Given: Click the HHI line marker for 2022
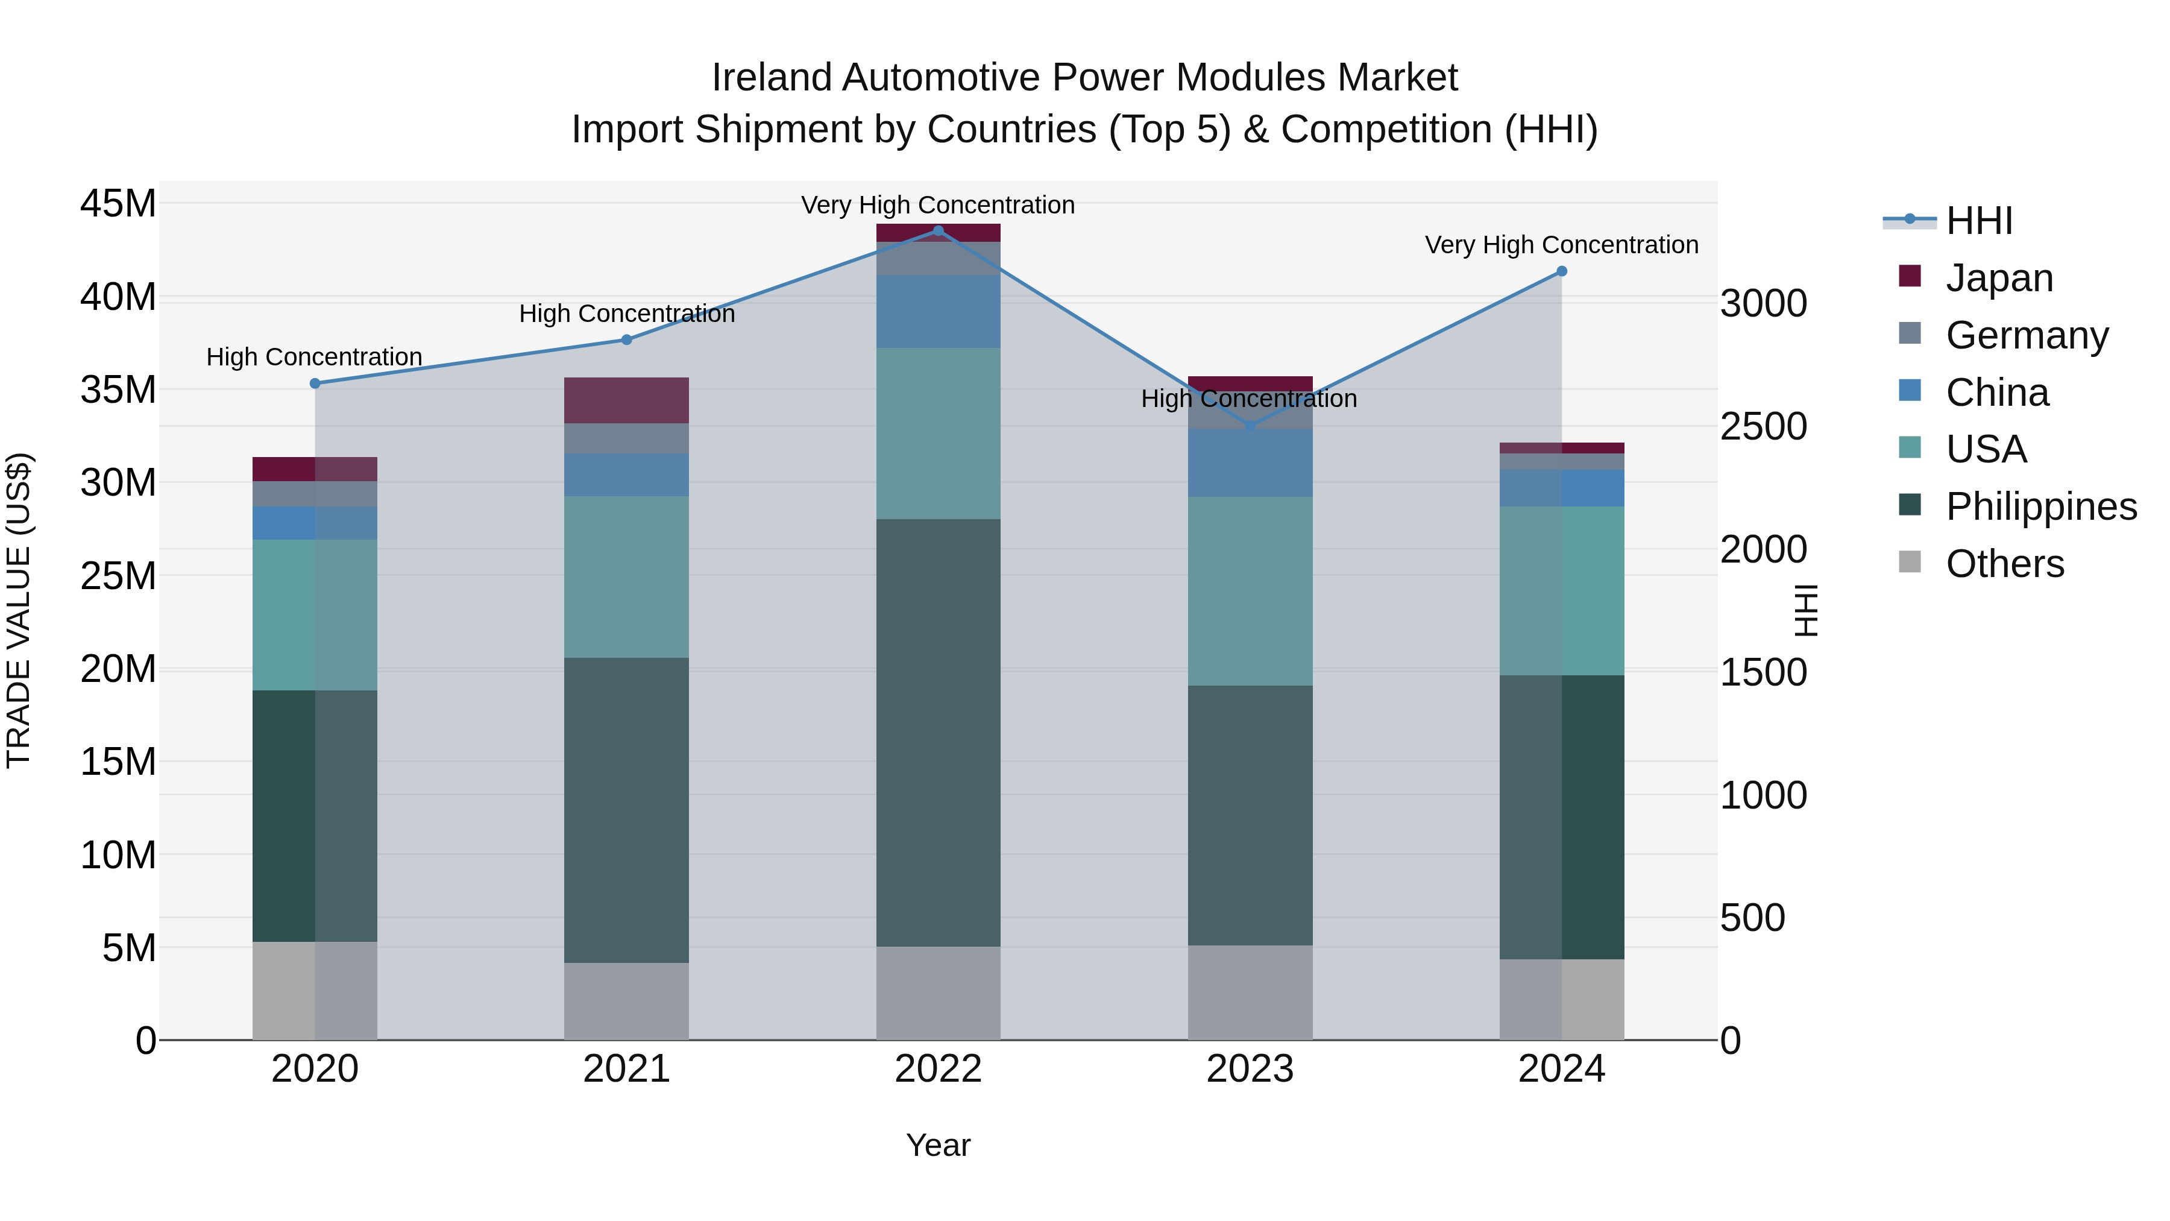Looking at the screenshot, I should pyautogui.click(x=939, y=231).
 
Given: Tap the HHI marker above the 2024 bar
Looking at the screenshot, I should pyautogui.click(x=1561, y=271).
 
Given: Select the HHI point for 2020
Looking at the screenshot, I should pyautogui.click(x=315, y=383).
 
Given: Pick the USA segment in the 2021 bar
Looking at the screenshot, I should pyautogui.click(x=626, y=576).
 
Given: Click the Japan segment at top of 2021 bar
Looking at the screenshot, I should pyautogui.click(x=626, y=400).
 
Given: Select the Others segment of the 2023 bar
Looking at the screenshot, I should pyautogui.click(x=1250, y=992).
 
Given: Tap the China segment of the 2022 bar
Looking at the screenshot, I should pyautogui.click(x=939, y=311).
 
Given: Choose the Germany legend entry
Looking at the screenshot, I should pyautogui.click(x=2026, y=335).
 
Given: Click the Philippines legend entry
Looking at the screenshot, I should pyautogui.click(x=2040, y=506).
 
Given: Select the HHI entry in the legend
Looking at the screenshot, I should pyautogui.click(x=1979, y=221).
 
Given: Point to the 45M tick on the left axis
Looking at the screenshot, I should pyautogui.click(x=118, y=204).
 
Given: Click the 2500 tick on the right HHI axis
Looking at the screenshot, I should pyautogui.click(x=1763, y=426).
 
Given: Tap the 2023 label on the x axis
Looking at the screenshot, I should pyautogui.click(x=1250, y=1069).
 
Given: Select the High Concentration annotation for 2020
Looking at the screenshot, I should pyautogui.click(x=314, y=358).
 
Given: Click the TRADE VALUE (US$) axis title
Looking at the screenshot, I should pyautogui.click(x=19, y=610).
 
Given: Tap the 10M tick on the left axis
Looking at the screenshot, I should pyautogui.click(x=118, y=855).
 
